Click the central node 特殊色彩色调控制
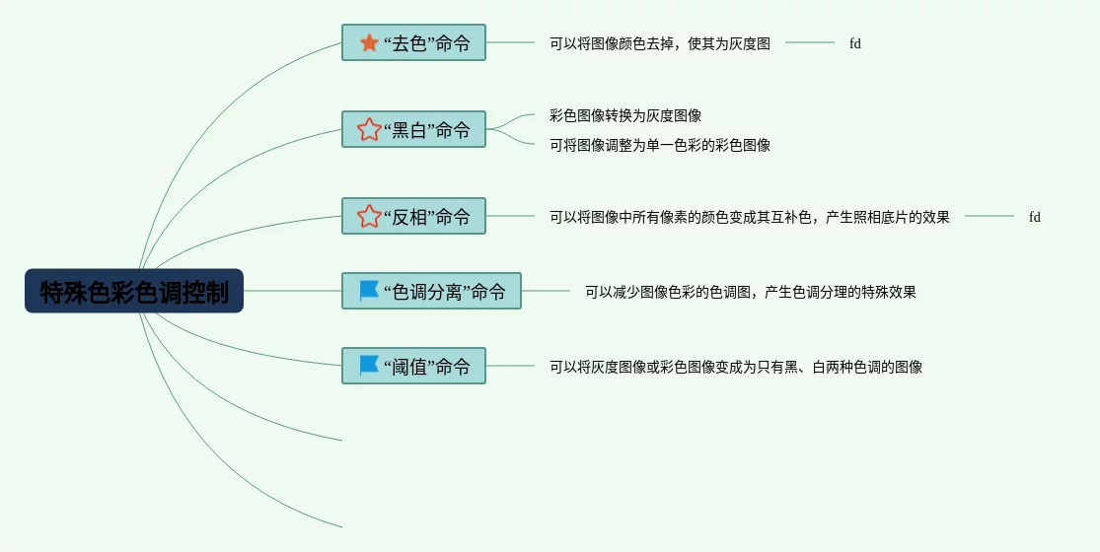[134, 292]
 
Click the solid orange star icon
[369, 42]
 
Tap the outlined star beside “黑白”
[369, 129]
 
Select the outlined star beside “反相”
[369, 216]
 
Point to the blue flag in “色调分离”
[369, 290]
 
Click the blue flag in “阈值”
[369, 365]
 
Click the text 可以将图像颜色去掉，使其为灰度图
[659, 43]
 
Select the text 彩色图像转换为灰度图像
[624, 115]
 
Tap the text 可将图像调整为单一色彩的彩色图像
[659, 145]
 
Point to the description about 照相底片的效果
[749, 217]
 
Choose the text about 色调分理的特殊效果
[750, 292]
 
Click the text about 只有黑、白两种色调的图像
[735, 367]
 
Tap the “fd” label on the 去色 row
[854, 43]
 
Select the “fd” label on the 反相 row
[1034, 217]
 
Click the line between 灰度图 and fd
[810, 42]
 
